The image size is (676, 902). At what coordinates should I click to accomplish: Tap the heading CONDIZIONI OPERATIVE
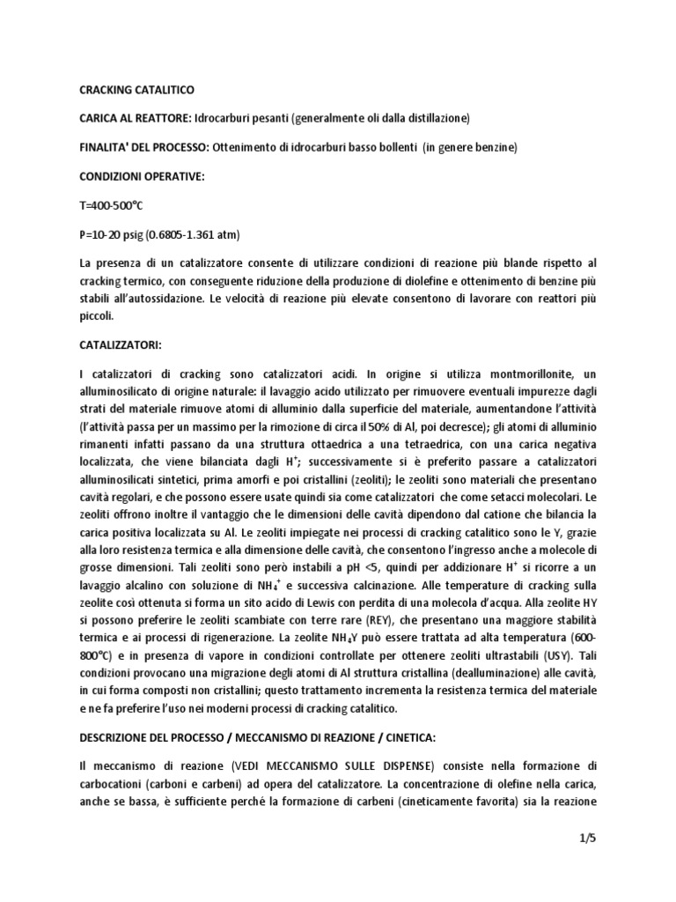click(130, 176)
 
